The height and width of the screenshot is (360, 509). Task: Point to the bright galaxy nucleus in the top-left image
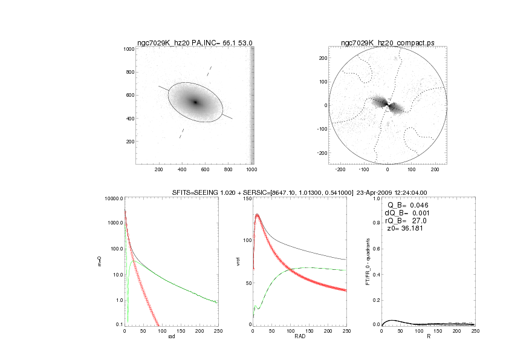(x=195, y=102)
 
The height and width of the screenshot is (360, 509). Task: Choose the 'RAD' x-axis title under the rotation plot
(x=300, y=338)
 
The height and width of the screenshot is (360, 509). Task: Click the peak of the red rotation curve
(x=258, y=215)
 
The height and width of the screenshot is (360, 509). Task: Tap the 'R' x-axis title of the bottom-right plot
(x=428, y=338)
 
